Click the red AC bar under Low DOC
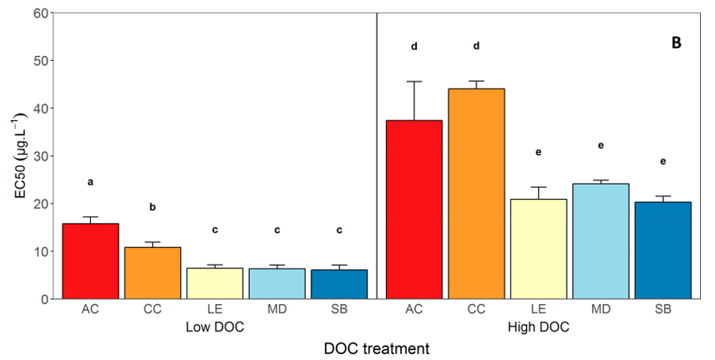tap(91, 261)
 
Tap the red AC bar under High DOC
tap(413, 209)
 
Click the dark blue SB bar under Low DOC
tap(338, 284)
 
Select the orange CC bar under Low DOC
tap(153, 272)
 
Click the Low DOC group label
tap(215, 327)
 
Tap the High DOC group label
tap(538, 327)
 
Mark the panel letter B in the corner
tap(677, 43)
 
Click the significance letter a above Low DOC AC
tap(90, 181)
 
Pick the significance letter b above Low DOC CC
tap(153, 206)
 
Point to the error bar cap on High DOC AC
tap(413, 82)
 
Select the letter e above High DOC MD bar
tap(601, 145)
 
